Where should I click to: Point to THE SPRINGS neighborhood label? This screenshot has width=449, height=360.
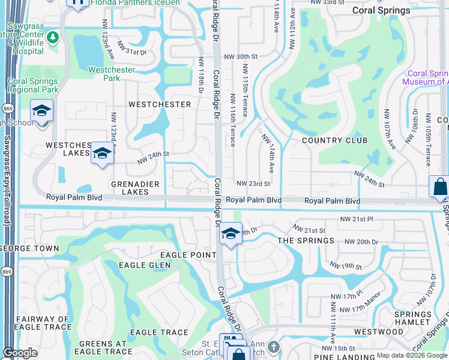(x=306, y=241)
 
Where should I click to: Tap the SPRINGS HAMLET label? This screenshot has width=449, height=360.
(x=413, y=318)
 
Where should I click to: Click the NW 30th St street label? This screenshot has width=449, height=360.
(x=240, y=56)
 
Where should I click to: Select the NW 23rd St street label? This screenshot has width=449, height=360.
(x=253, y=184)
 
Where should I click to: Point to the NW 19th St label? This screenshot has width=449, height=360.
(x=346, y=266)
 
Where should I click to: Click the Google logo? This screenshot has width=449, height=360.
(x=20, y=353)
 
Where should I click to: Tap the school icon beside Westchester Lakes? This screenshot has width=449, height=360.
(x=102, y=154)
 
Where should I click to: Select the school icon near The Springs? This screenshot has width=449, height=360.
(x=230, y=233)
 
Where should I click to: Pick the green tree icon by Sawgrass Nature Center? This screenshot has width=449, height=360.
(x=53, y=38)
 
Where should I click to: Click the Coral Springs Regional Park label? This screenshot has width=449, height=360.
(x=32, y=85)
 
